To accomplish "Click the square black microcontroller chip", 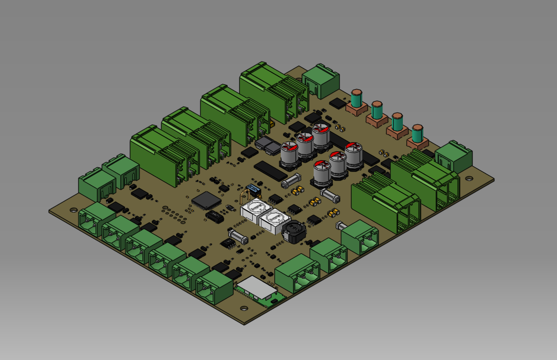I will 206,201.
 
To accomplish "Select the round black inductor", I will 293,231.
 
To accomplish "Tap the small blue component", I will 253,189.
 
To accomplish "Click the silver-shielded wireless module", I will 257,287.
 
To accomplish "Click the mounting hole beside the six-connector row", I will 73,210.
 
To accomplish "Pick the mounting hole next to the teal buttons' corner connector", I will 469,178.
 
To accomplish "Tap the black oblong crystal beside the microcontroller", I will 215,216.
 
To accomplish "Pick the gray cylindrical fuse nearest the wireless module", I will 238,235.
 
